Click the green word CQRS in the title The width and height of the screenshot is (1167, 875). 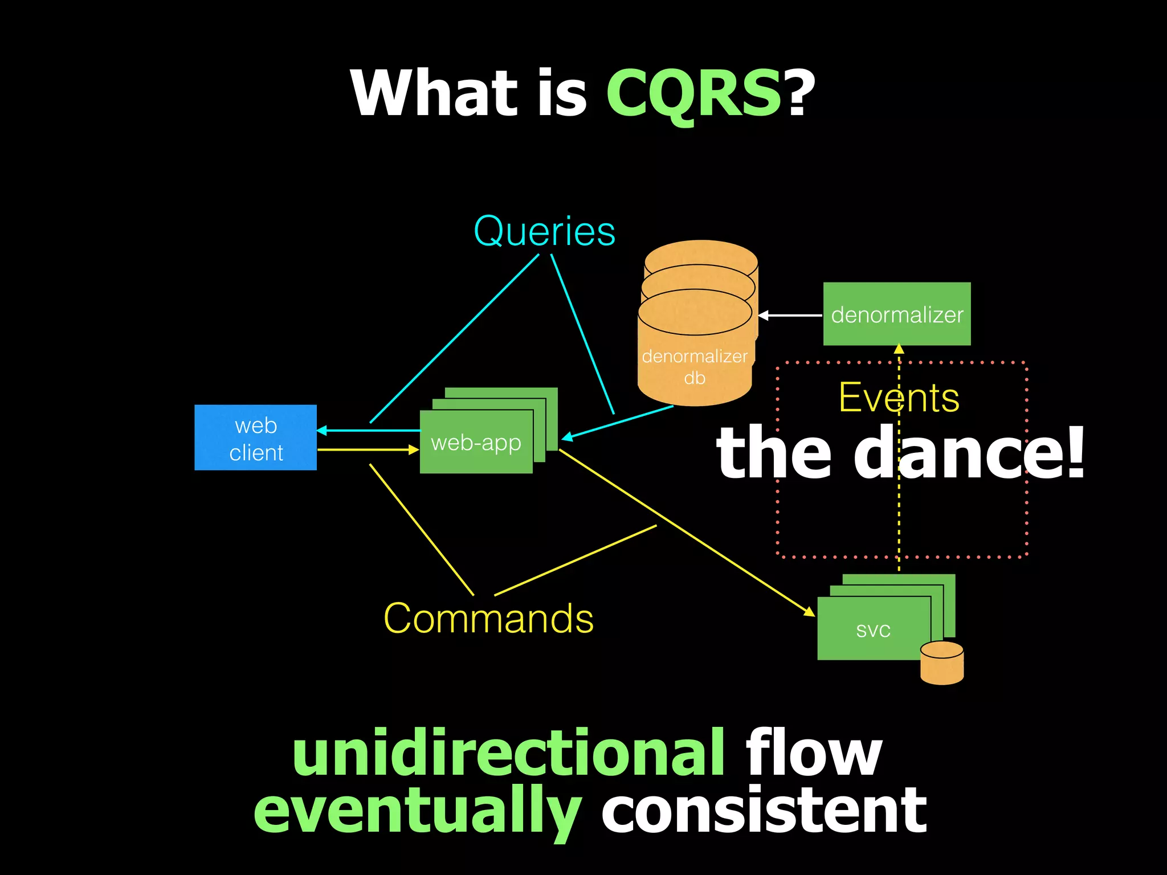point(693,93)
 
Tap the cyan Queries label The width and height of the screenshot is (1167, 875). point(545,232)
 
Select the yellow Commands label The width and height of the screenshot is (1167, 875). point(488,619)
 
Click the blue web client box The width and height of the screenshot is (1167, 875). point(255,437)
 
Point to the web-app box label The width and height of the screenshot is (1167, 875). point(476,443)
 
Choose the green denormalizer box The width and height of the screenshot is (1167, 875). point(896,314)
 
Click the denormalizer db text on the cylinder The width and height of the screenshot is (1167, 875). point(695,367)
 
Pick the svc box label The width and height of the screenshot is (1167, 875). point(873,629)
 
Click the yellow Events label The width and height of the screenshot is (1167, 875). point(899,398)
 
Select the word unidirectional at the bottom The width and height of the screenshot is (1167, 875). point(508,753)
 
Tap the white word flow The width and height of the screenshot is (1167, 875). point(814,753)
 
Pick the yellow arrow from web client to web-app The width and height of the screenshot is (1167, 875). point(368,450)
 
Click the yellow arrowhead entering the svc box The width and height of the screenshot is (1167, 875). point(810,612)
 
